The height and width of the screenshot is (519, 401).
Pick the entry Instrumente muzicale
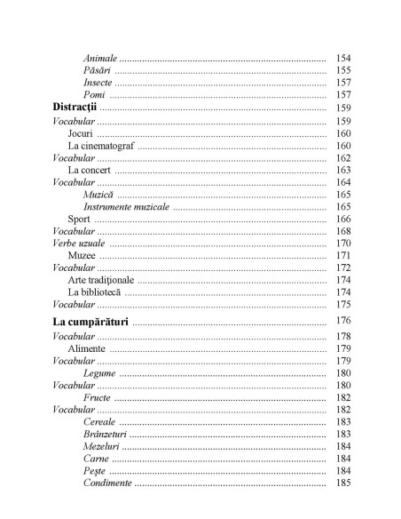pyautogui.click(x=125, y=206)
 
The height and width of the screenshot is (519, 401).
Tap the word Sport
pyautogui.click(x=79, y=219)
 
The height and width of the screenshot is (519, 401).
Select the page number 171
pyautogui.click(x=344, y=255)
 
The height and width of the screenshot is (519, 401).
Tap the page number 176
pyautogui.click(x=344, y=320)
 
